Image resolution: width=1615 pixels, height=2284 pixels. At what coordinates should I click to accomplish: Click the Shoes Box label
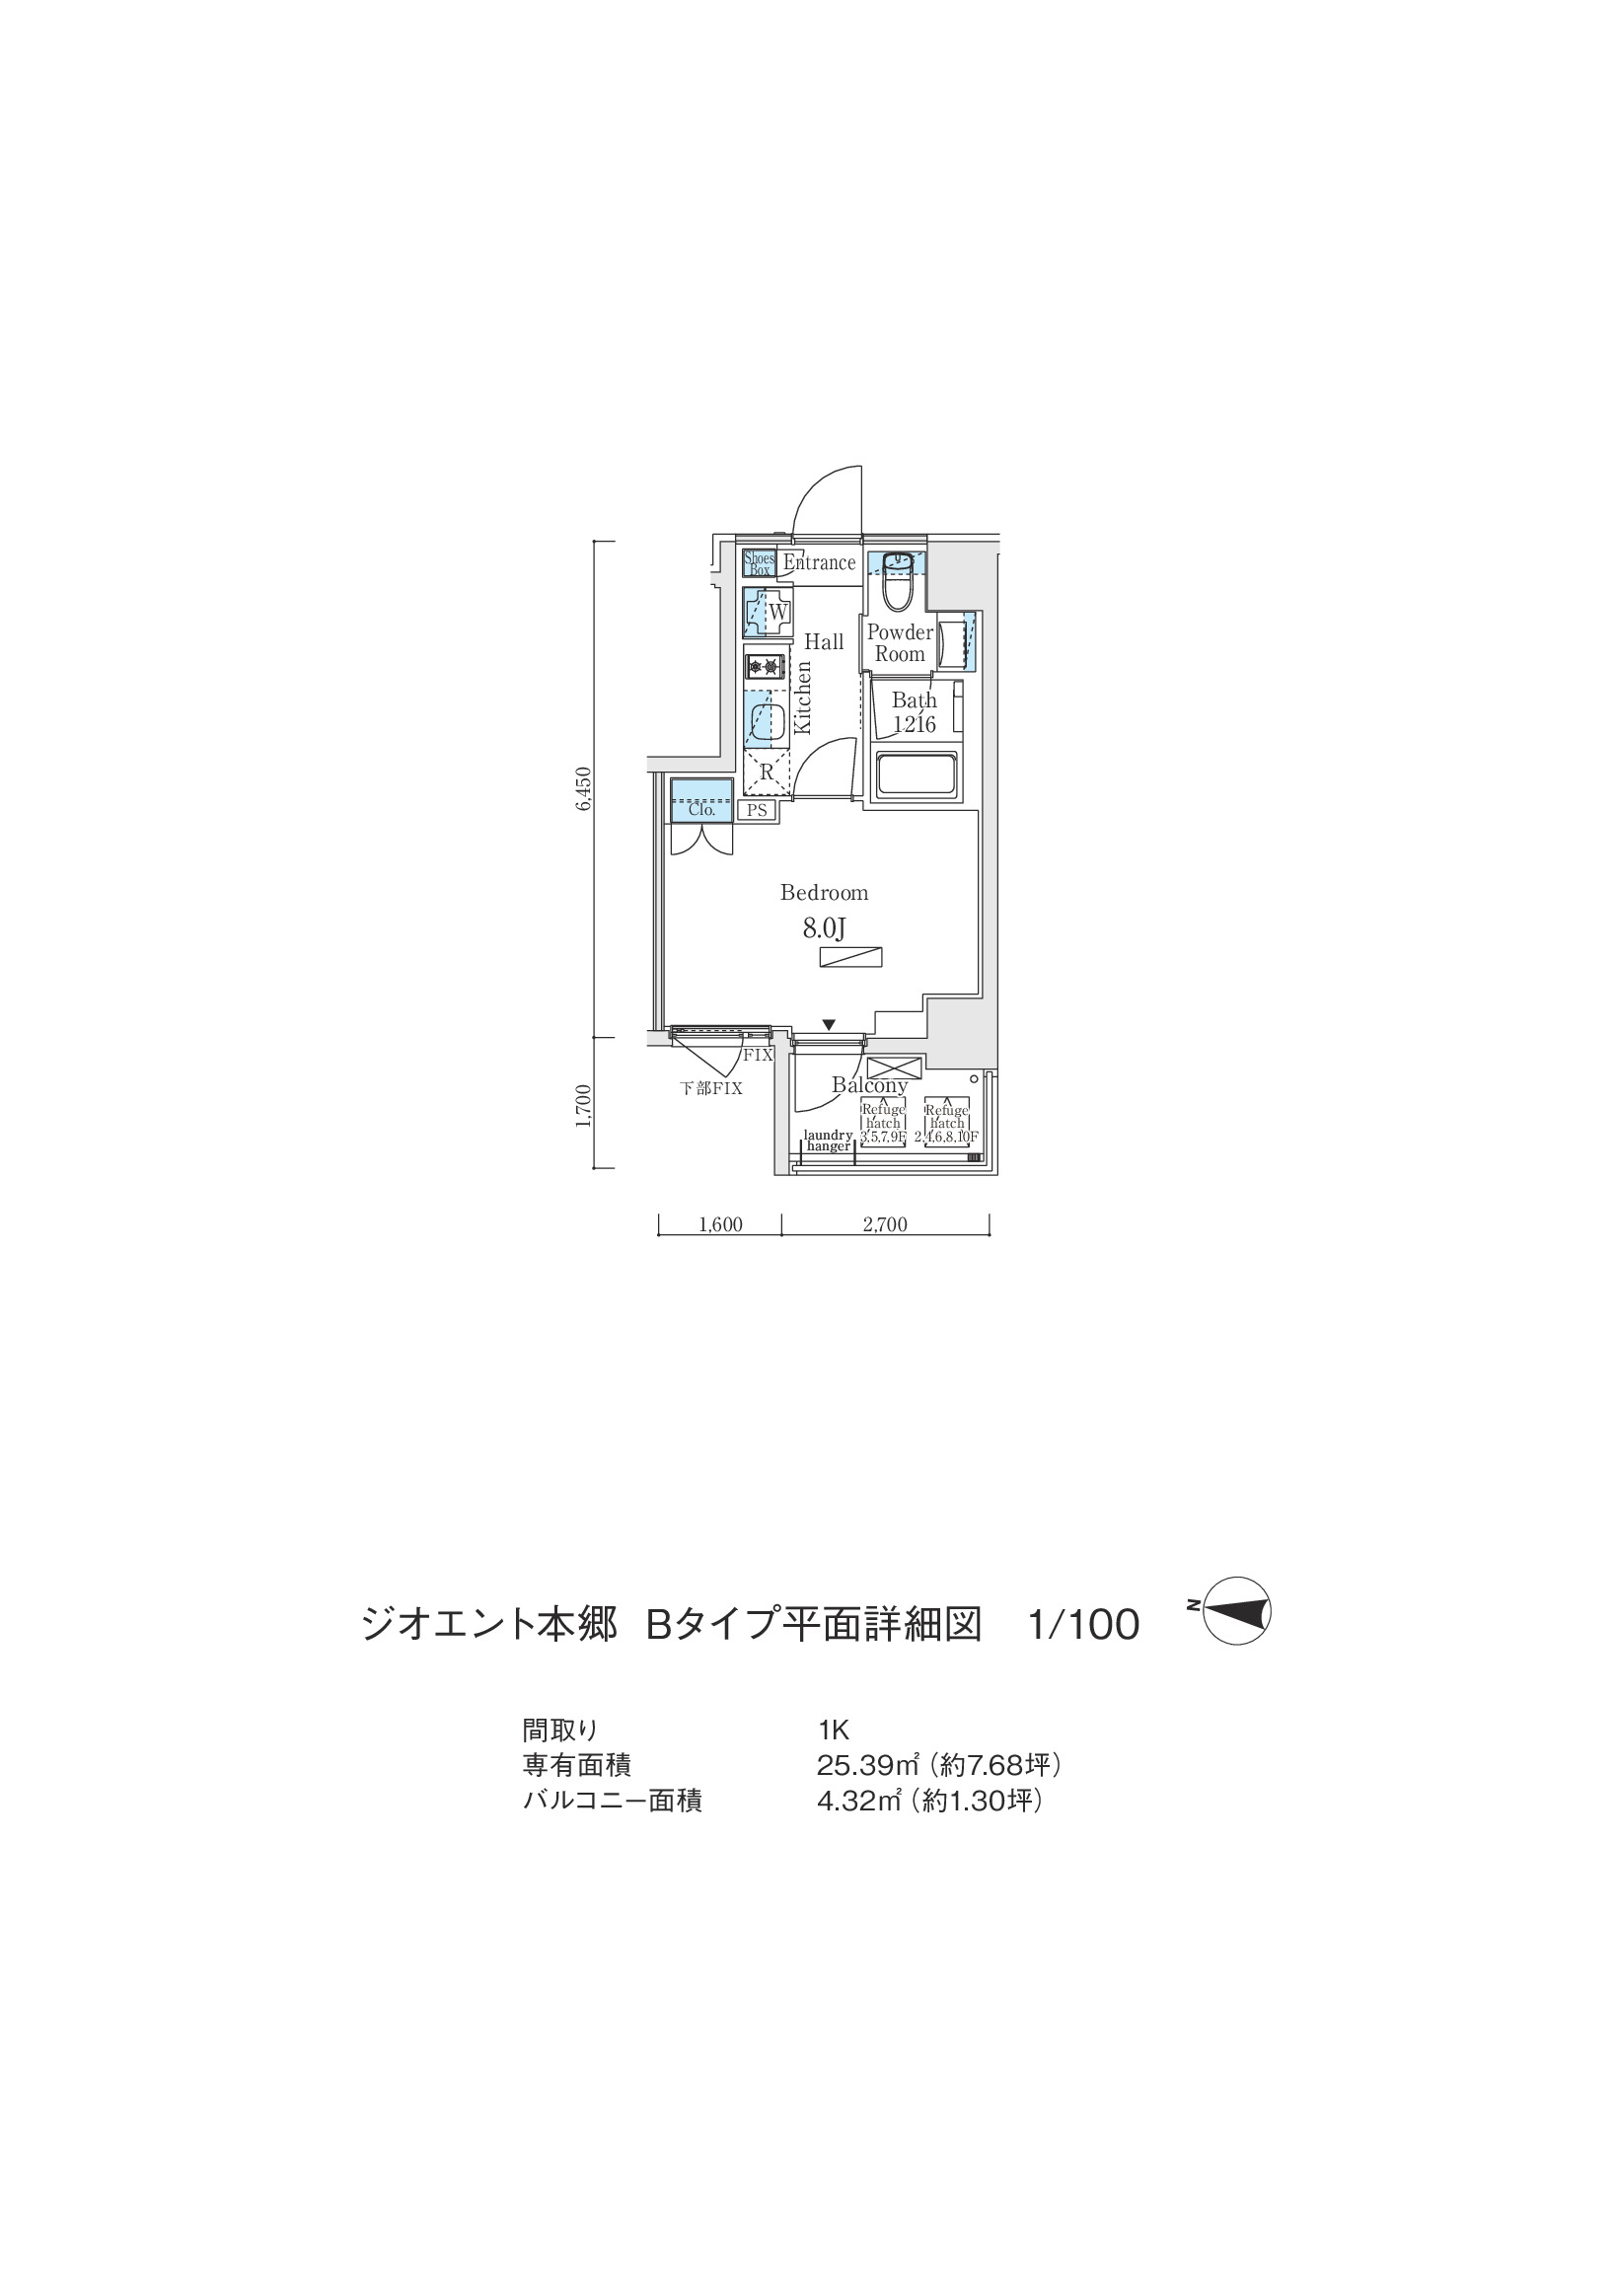tap(760, 564)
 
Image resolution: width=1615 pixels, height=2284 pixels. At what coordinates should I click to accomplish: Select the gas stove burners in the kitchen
tap(765, 666)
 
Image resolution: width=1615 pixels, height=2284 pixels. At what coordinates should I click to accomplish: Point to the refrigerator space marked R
tap(766, 772)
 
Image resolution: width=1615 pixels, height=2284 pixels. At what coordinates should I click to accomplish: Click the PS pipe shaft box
tap(757, 810)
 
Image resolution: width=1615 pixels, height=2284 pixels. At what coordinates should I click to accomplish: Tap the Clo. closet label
tap(702, 810)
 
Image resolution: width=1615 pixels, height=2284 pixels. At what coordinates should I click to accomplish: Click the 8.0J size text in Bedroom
tap(825, 929)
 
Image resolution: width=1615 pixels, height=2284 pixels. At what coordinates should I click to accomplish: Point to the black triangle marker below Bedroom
tap(829, 1025)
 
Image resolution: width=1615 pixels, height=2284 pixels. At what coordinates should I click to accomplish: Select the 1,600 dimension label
tap(720, 1224)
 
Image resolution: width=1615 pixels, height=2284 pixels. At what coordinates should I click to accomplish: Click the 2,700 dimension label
tap(885, 1224)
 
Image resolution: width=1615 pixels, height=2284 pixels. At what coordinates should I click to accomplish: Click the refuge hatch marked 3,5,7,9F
tap(883, 1123)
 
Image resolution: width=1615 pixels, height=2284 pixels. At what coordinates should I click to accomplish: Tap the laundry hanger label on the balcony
tap(829, 1140)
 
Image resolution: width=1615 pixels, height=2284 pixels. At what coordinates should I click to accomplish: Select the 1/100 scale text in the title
tap(1083, 1626)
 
